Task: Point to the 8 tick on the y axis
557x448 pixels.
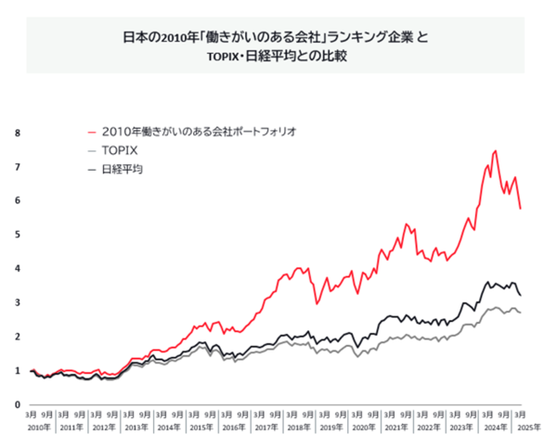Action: click(17, 133)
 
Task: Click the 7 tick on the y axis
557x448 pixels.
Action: click(17, 167)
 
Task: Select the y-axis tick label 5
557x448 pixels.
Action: click(17, 235)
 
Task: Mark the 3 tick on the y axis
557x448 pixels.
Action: click(17, 302)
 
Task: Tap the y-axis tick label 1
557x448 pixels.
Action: click(17, 371)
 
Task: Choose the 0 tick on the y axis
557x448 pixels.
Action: click(17, 405)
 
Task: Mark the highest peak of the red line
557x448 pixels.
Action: click(495, 150)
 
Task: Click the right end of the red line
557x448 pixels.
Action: click(520, 209)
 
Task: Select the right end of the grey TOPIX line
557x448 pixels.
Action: click(520, 313)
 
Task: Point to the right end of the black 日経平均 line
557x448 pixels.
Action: click(520, 295)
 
